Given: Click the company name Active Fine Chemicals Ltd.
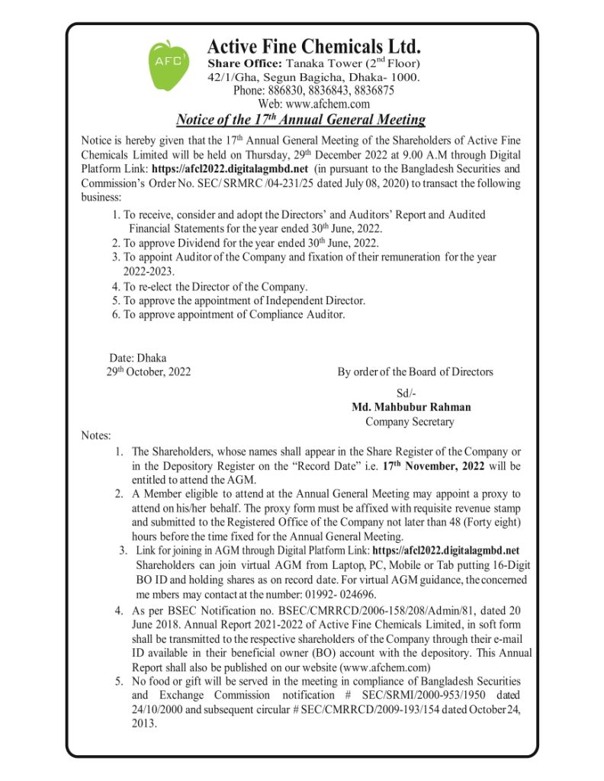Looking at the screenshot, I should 313,47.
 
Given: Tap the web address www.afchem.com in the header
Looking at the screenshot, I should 314,104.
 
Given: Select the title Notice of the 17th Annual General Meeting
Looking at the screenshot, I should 300,120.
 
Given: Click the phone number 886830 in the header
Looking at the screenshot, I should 271,90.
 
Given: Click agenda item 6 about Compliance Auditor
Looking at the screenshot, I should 228,314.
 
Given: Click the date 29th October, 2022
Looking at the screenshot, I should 149,372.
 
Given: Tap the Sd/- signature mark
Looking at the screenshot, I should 407,393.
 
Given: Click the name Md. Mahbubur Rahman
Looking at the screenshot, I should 411,407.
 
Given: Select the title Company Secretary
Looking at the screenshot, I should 410,422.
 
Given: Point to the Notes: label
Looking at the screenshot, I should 96,435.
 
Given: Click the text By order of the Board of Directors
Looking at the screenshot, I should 416,372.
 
